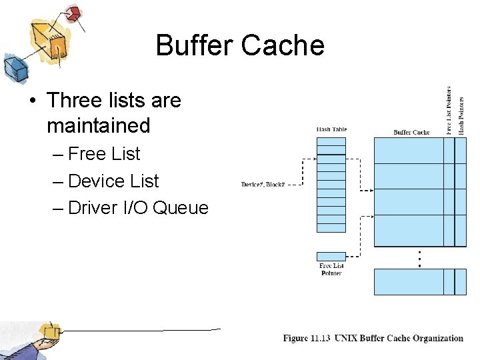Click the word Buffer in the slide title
pos(194,45)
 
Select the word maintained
pos(99,125)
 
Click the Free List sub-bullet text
pos(104,154)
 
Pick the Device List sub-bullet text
pos(113,181)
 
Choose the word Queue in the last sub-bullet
pos(181,208)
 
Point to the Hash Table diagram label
pos(331,129)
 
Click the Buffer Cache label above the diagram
pos(411,133)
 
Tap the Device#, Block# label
pos(263,184)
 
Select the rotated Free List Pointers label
pos(449,110)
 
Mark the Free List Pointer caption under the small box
pos(331,269)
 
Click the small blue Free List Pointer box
pos(331,257)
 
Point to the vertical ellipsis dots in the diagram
pos(419,258)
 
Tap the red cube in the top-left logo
pos(74,13)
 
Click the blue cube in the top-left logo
pos(14,67)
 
